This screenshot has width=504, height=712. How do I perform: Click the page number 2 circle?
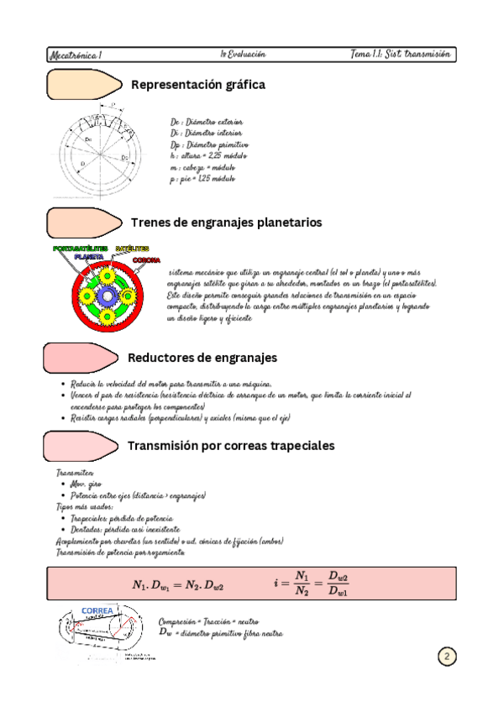(446, 656)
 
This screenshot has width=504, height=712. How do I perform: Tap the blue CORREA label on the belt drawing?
(97, 610)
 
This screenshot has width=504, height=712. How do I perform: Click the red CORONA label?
(146, 260)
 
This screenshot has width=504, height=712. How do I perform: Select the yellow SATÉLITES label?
(132, 249)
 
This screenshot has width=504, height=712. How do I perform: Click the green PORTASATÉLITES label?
(80, 249)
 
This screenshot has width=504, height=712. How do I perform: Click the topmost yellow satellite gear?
(108, 275)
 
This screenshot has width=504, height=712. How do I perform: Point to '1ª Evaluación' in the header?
(243, 54)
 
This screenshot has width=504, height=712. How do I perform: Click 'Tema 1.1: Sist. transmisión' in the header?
(402, 54)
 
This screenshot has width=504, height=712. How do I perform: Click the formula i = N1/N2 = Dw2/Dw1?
(312, 584)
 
